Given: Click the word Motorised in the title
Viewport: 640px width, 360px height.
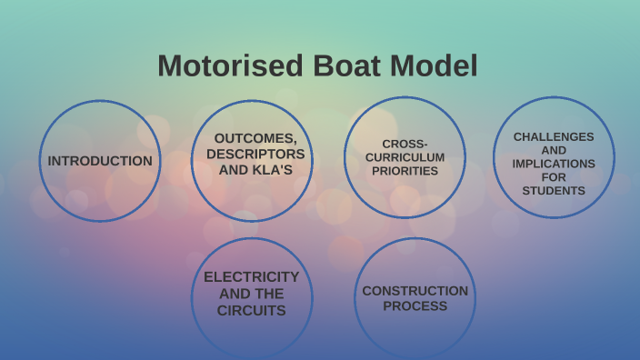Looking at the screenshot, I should point(231,66).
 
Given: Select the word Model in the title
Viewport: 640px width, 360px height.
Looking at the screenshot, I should point(435,66).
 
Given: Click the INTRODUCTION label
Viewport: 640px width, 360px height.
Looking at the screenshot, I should point(100,161).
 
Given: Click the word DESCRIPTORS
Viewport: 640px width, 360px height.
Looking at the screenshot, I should point(255,154).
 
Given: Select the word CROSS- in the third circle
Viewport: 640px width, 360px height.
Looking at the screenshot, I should point(405,144).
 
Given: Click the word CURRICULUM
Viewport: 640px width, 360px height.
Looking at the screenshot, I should point(405,157).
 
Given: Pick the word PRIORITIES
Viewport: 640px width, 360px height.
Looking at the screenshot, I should point(405,171).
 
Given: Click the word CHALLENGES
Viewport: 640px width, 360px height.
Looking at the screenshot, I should point(554,136).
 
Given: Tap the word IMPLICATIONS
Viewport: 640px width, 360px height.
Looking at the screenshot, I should point(554,164).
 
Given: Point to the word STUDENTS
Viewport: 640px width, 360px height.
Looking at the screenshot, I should point(554,191).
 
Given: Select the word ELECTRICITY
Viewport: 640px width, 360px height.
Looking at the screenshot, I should point(252,277).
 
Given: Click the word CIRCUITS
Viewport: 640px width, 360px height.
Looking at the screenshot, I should point(252,310).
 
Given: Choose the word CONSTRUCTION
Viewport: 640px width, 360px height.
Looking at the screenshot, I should point(415,291).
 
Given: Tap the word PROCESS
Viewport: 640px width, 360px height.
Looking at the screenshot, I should point(415,306).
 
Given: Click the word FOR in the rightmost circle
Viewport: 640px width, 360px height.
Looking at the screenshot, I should point(554,177).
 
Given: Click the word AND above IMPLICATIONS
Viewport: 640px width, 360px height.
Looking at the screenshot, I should point(554,150).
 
